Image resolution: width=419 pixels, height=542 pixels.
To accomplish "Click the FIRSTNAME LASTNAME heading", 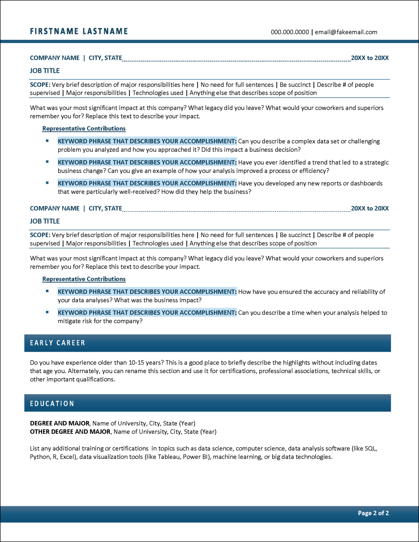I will (x=79, y=31).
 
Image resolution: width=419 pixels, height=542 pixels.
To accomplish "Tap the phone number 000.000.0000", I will (x=290, y=32).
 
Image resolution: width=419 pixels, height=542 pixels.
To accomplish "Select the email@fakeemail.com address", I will (x=346, y=32).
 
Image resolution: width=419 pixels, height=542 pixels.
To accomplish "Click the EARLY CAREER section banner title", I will (x=57, y=343).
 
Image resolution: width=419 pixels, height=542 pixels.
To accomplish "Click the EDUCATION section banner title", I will (x=52, y=404).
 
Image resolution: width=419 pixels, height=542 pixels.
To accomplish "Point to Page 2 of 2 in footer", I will (x=373, y=513).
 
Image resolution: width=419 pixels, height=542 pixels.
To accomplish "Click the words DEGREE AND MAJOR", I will (x=60, y=423).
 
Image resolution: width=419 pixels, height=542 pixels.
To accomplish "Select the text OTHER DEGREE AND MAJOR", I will (x=70, y=432).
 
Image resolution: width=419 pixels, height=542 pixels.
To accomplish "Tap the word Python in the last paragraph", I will (x=40, y=457).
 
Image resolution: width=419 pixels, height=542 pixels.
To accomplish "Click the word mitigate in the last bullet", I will (x=69, y=321).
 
